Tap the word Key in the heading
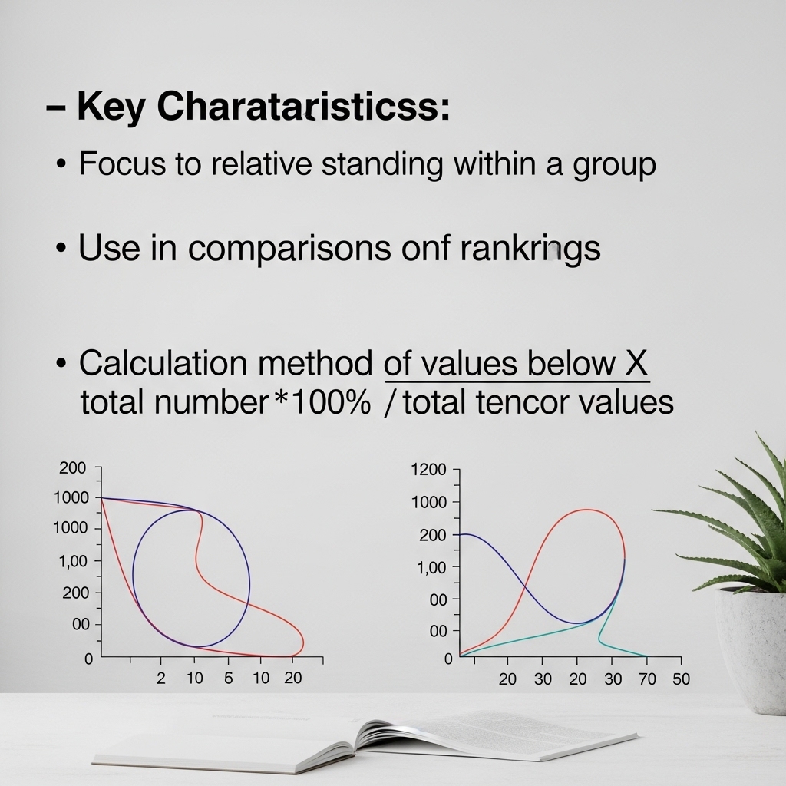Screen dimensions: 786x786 pos(111,108)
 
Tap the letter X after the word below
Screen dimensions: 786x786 pos(636,363)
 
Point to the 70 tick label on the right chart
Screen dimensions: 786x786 pos(647,679)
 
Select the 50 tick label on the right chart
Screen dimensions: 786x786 pos(680,679)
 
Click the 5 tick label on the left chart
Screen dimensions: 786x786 pos(228,679)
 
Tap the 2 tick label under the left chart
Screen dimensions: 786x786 pos(161,679)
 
